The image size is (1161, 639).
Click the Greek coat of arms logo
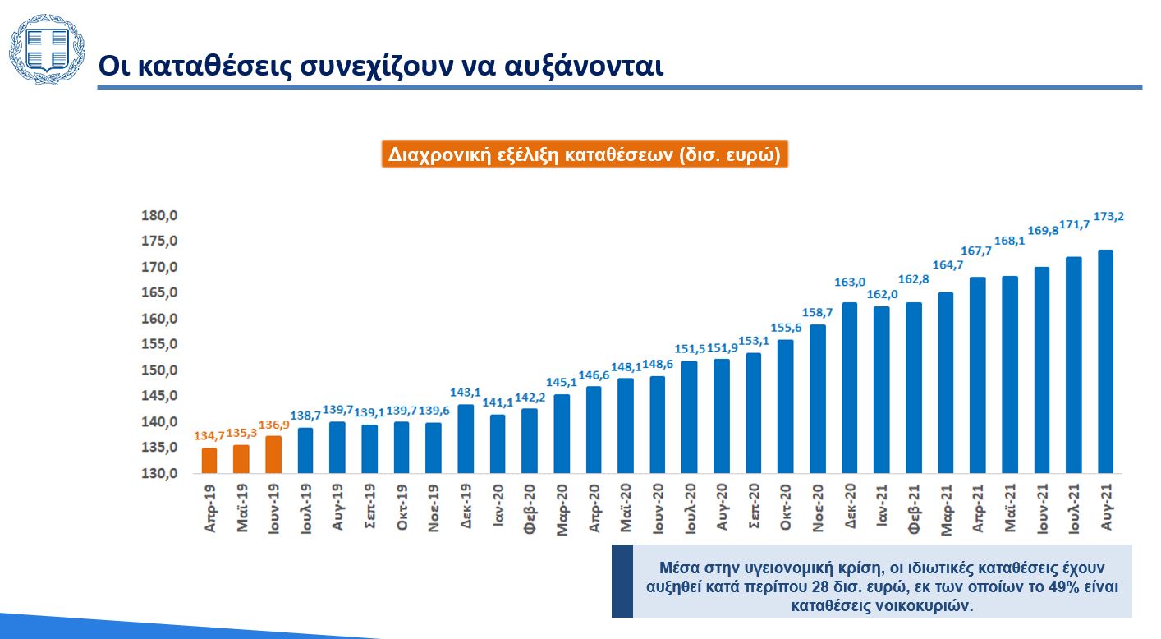click(x=47, y=50)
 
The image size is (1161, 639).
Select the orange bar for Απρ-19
click(x=209, y=460)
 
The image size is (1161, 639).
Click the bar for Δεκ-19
click(x=466, y=439)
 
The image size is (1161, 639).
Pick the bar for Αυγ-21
click(x=1105, y=361)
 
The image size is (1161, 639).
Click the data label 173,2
click(x=1109, y=217)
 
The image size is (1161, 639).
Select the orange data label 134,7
click(x=209, y=436)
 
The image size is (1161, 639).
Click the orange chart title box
click(x=585, y=154)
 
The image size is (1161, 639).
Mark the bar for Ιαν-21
click(x=882, y=389)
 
